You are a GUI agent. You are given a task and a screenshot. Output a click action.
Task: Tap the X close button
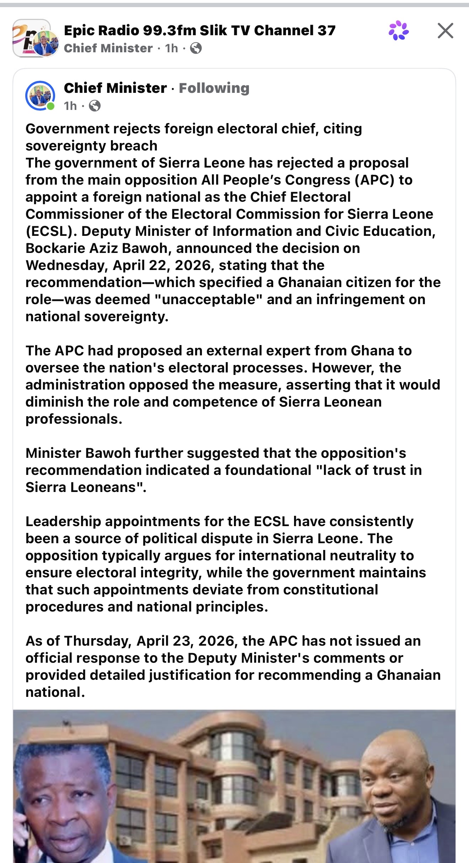point(445,31)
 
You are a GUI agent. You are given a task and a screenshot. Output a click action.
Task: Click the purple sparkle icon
point(399,31)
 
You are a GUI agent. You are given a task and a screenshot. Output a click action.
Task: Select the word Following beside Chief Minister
point(214,88)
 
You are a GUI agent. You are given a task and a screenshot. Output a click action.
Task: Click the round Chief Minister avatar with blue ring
point(40,95)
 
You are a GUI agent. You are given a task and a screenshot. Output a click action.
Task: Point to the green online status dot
point(51,106)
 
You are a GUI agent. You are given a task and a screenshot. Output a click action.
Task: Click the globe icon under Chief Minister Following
point(95,106)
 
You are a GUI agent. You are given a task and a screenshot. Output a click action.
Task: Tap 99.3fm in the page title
point(169,31)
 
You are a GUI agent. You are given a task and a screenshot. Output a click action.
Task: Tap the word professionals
point(74,419)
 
